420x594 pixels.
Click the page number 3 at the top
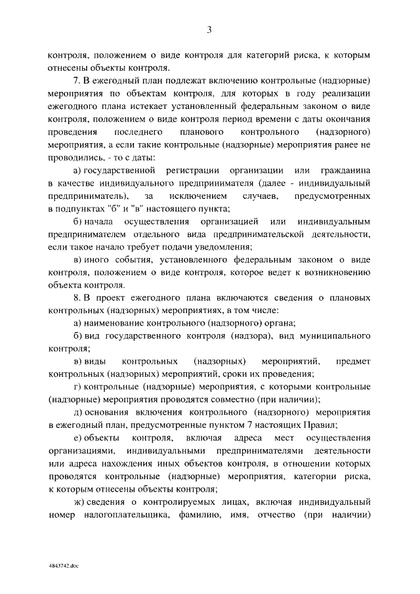coord(209,29)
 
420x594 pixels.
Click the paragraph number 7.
coord(76,81)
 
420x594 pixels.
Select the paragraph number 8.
coord(76,298)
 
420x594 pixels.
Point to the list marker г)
coord(77,387)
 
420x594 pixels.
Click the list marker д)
coord(77,412)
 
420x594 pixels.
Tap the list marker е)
coord(77,438)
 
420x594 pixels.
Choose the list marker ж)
coord(78,502)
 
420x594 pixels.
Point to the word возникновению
coord(330,272)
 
